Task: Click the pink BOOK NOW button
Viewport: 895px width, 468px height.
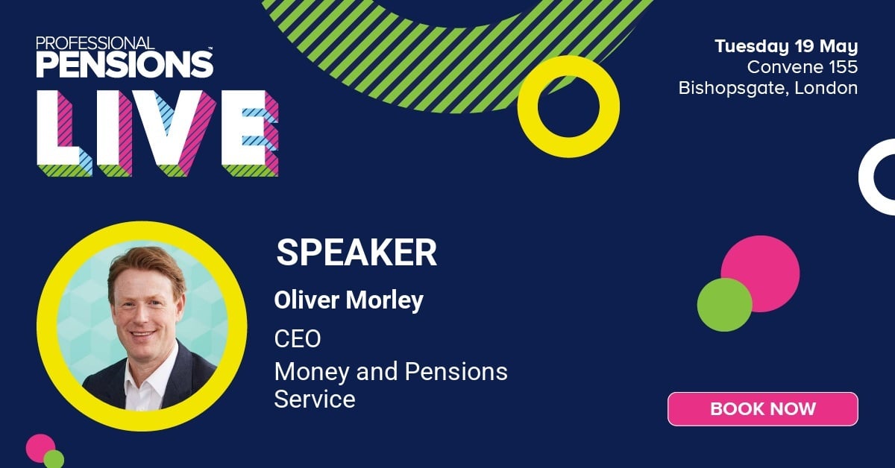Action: (762, 408)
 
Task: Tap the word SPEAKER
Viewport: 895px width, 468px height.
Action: (357, 253)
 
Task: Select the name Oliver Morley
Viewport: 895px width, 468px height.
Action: (348, 300)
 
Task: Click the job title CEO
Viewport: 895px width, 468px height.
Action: (298, 339)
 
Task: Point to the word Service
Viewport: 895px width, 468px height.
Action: (315, 399)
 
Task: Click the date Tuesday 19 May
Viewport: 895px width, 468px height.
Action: (786, 46)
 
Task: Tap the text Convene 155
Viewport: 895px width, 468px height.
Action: (803, 67)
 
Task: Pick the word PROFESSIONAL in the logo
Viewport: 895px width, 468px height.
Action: (95, 42)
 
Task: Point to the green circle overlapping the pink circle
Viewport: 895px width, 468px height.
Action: (724, 305)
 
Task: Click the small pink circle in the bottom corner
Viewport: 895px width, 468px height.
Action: (39, 446)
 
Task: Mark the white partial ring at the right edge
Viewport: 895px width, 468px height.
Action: (876, 177)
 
